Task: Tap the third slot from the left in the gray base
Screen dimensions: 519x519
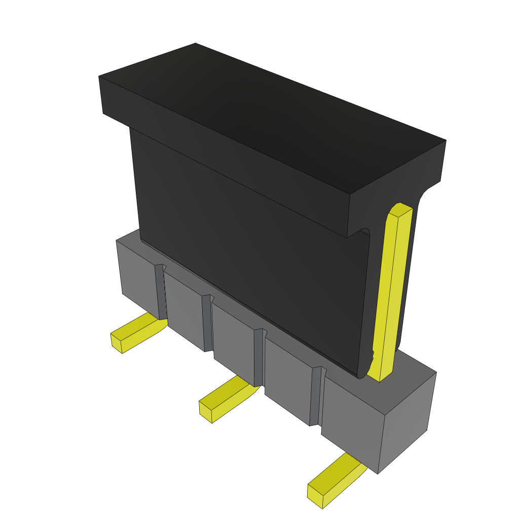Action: [x=259, y=357]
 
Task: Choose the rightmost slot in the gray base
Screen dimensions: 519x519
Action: [x=316, y=396]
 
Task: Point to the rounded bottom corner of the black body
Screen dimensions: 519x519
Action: [x=362, y=373]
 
